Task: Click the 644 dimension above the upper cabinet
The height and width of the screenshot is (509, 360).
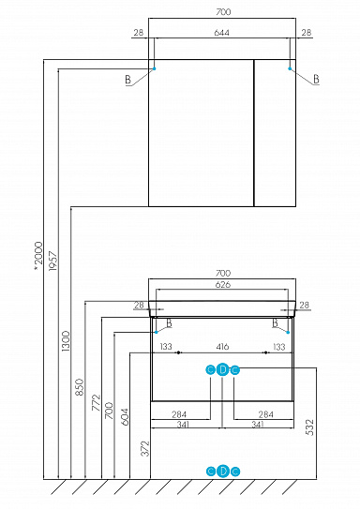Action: coord(223,34)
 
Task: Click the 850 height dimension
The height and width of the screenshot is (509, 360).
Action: coord(80,385)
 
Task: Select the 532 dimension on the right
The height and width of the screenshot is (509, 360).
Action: coord(308,427)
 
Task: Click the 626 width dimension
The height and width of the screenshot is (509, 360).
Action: coord(223,285)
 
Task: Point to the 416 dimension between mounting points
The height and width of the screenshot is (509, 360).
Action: coord(223,347)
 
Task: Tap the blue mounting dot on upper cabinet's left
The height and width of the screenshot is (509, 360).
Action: coord(155,68)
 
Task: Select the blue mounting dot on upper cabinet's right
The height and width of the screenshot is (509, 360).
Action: coord(292,68)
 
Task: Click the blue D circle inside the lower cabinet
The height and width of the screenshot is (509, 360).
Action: coord(223,369)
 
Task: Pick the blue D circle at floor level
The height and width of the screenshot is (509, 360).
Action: coord(223,471)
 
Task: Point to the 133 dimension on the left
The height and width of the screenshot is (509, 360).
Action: coord(166,347)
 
